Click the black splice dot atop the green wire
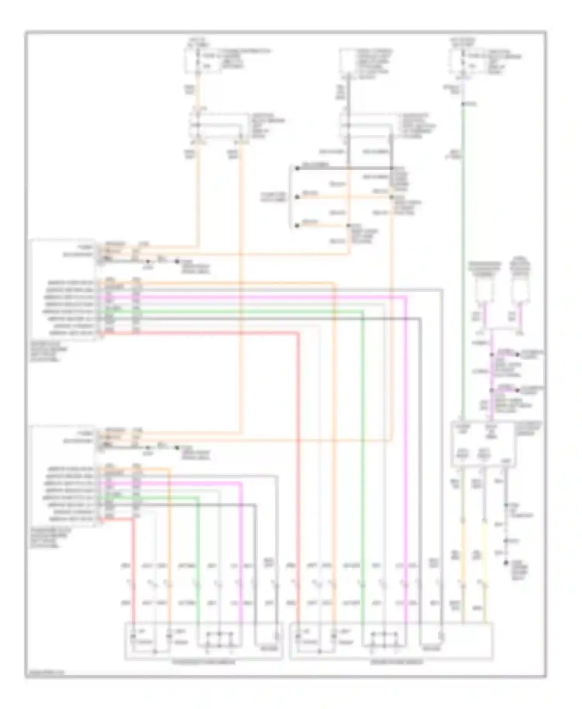click(462, 104)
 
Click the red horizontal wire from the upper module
click(202, 333)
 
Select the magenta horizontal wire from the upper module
click(272, 297)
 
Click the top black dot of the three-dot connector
click(297, 168)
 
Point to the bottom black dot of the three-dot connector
click(297, 225)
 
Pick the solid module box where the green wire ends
click(483, 444)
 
